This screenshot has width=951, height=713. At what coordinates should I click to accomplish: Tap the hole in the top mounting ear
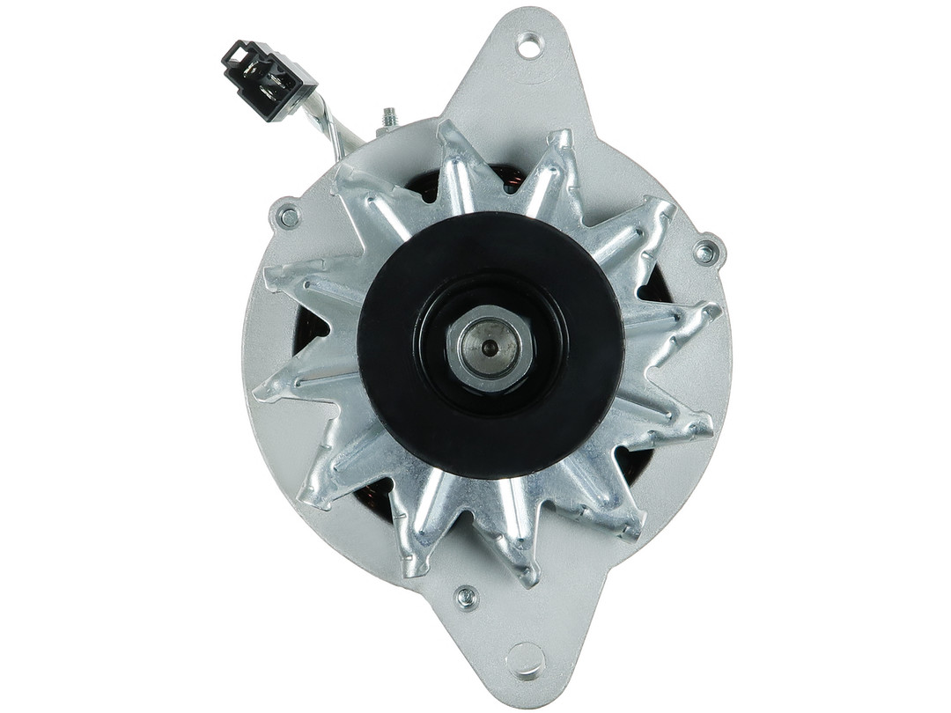click(x=529, y=44)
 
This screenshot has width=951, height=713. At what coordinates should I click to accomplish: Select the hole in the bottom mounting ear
click(x=527, y=658)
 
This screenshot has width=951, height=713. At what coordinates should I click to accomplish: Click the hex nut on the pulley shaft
click(x=490, y=349)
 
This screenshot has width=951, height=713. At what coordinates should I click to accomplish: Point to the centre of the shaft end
click(x=490, y=348)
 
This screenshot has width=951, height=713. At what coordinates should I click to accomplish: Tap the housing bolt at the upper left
click(x=288, y=214)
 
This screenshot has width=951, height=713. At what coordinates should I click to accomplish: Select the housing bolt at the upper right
click(x=705, y=252)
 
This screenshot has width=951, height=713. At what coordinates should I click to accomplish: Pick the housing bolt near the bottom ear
click(x=467, y=599)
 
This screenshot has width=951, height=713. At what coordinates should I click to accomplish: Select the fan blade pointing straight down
click(x=519, y=563)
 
